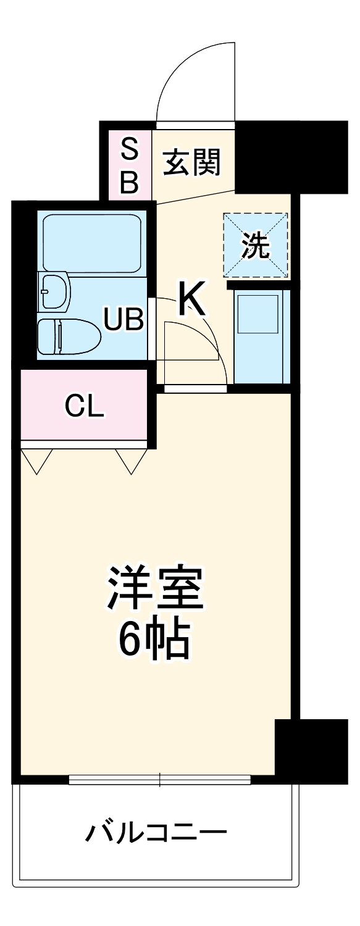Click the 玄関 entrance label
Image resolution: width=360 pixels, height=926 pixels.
(192, 163)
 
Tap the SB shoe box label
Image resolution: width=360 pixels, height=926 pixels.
(129, 165)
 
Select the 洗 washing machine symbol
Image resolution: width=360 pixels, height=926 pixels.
(256, 246)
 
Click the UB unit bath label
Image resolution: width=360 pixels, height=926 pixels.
(123, 320)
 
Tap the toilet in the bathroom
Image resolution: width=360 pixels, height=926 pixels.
(68, 336)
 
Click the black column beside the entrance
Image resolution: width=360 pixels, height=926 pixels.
(290, 156)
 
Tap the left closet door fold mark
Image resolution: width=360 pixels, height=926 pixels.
(36, 461)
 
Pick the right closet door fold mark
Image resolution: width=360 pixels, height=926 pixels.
(132, 461)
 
